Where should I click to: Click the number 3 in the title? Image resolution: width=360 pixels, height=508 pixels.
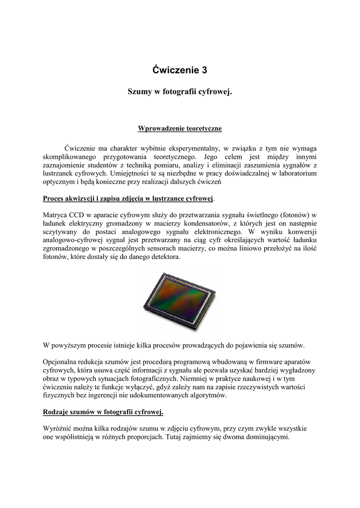tap(204, 70)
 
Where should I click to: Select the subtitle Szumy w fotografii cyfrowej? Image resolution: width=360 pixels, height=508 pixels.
tap(180, 92)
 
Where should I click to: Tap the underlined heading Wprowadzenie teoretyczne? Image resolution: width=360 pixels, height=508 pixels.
tap(180, 129)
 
